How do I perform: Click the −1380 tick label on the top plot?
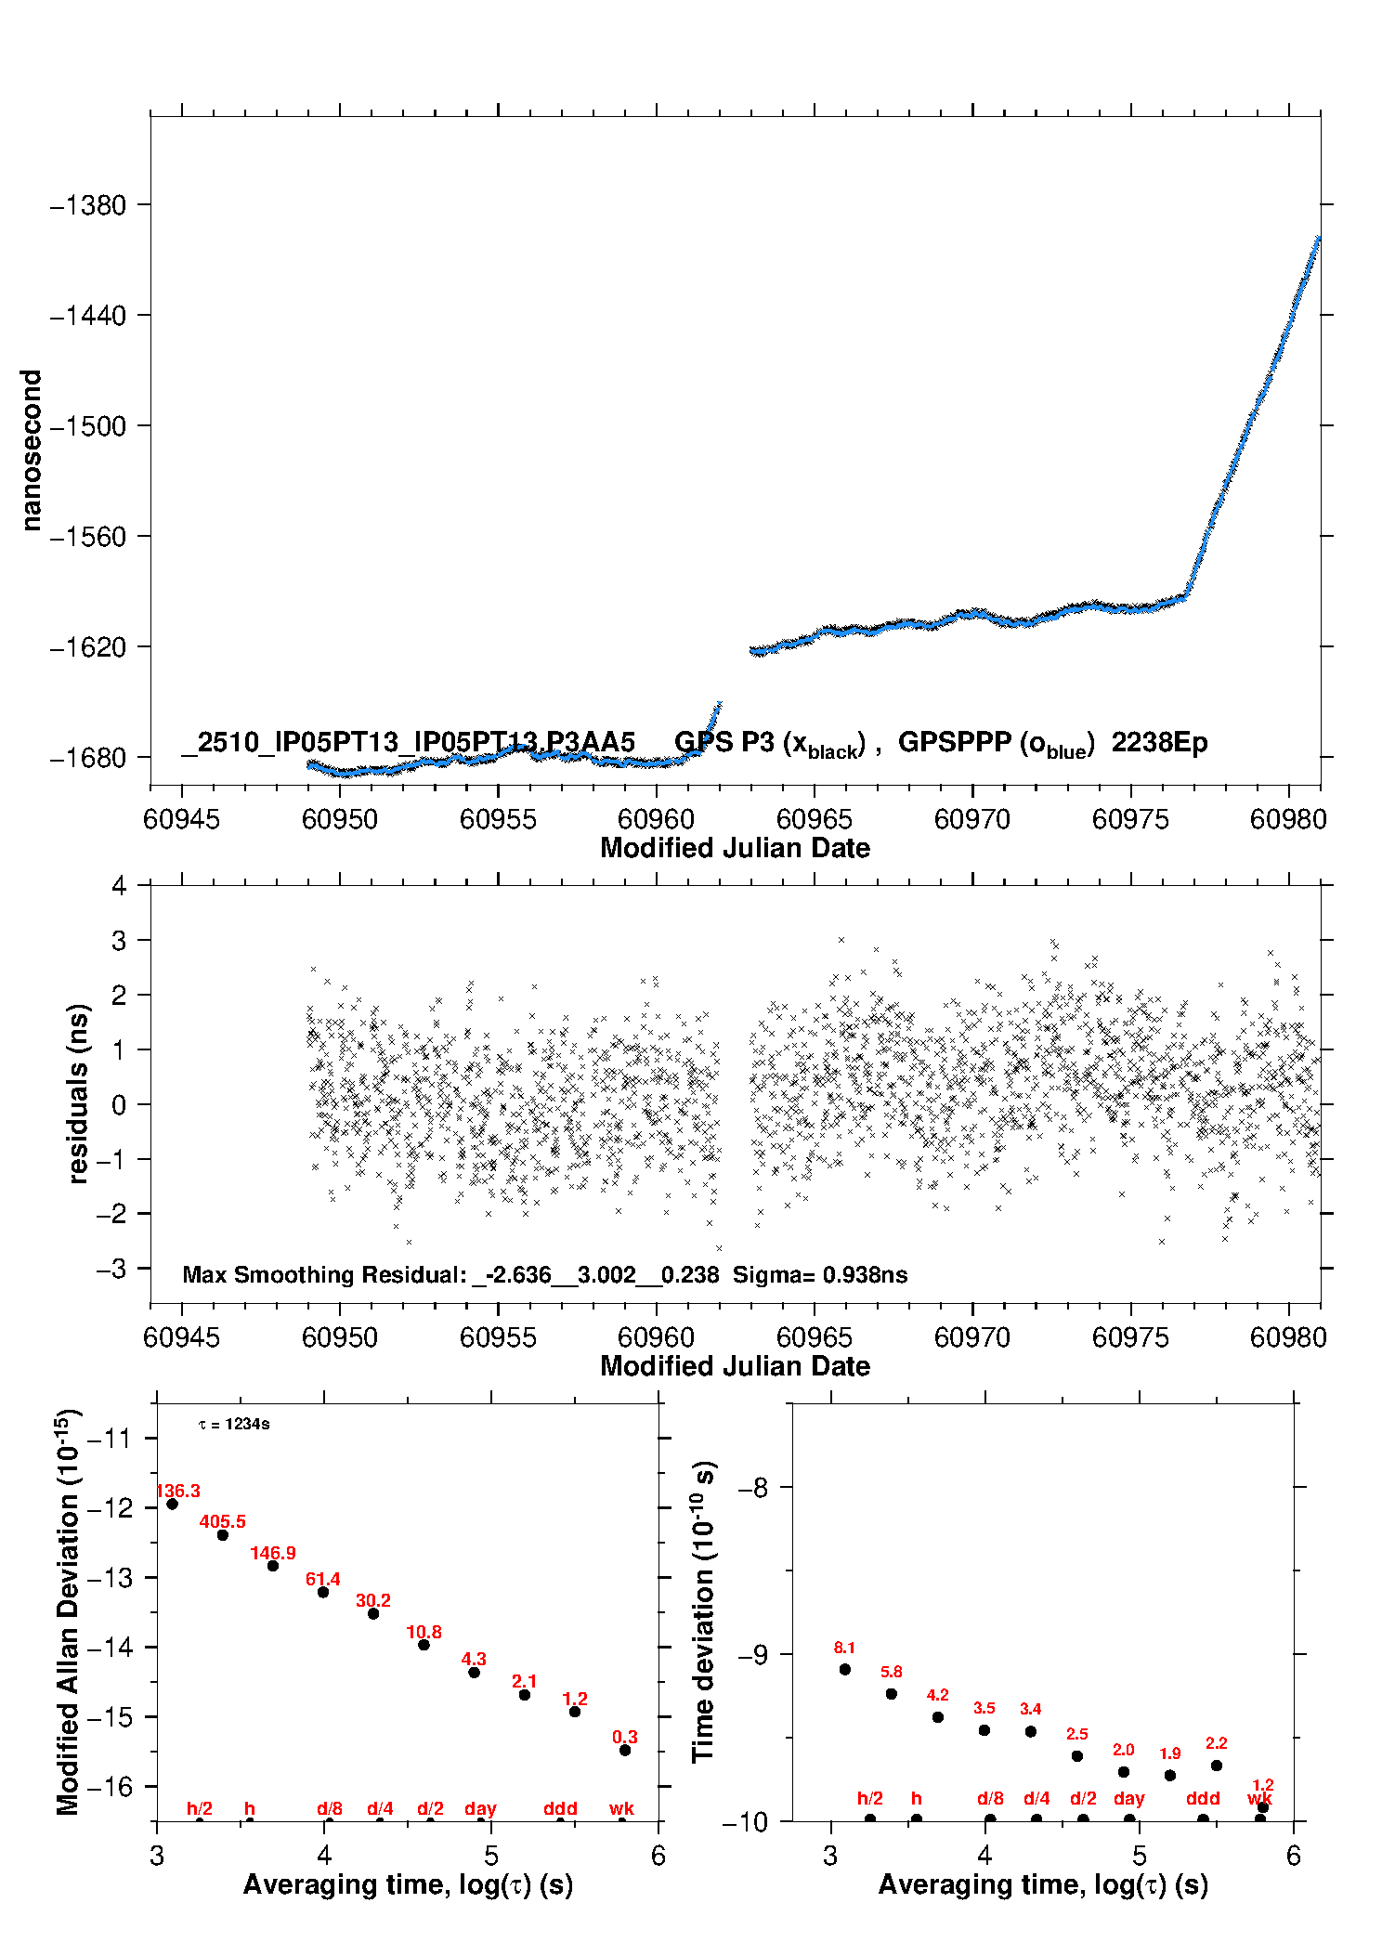click(87, 205)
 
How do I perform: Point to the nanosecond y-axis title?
click(31, 450)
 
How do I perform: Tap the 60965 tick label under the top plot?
click(814, 819)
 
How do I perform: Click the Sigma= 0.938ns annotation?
click(819, 1274)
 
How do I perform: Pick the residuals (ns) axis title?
click(78, 1093)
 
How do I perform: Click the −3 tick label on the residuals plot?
click(111, 1269)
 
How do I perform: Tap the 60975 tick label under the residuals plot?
click(1130, 1337)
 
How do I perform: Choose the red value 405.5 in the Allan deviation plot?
click(223, 1521)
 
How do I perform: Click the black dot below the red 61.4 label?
click(323, 1592)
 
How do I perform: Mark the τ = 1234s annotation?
click(234, 1424)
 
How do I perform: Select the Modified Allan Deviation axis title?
click(67, 1611)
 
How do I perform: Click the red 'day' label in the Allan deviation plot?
click(480, 1808)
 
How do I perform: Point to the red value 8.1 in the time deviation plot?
click(844, 1648)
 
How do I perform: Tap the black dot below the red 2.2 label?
click(1217, 1766)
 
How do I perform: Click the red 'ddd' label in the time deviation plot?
click(1203, 1798)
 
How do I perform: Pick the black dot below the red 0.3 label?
click(625, 1750)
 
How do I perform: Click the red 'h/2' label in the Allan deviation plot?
click(200, 1808)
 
